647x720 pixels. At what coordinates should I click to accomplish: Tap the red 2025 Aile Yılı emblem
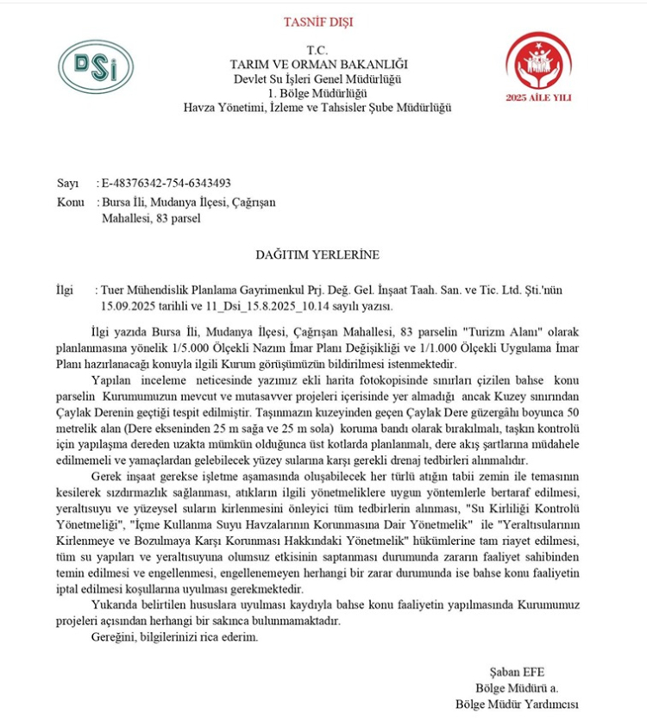[x=550, y=68]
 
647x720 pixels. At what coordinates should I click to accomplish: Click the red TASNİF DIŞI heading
[x=318, y=22]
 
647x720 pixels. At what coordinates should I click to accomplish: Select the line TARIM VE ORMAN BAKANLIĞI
[x=318, y=65]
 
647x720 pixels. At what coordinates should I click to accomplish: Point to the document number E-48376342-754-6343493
[x=166, y=183]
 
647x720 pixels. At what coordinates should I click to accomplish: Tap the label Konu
[x=69, y=201]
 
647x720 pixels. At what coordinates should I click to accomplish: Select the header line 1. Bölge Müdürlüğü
[x=318, y=93]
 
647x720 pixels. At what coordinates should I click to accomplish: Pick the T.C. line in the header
[x=318, y=51]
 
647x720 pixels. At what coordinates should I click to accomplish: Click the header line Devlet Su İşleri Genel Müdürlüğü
[x=318, y=79]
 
